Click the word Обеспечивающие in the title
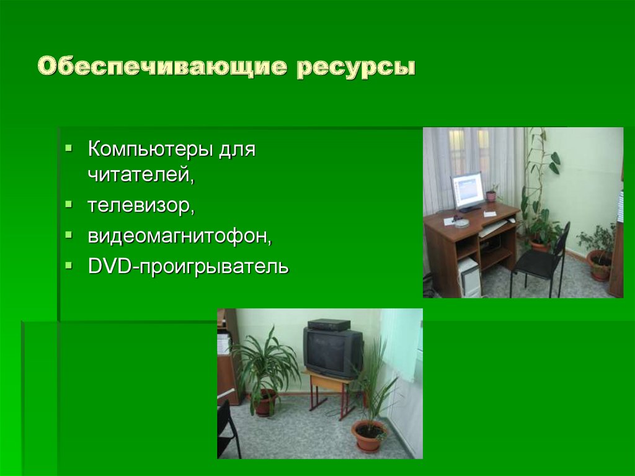(x=161, y=66)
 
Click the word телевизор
(x=141, y=205)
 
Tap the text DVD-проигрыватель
(x=188, y=267)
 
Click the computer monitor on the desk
(x=467, y=189)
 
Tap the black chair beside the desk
(x=540, y=261)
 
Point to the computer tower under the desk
(x=469, y=277)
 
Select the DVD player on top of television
(x=329, y=325)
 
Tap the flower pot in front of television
(x=368, y=435)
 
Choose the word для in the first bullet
(x=237, y=150)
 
